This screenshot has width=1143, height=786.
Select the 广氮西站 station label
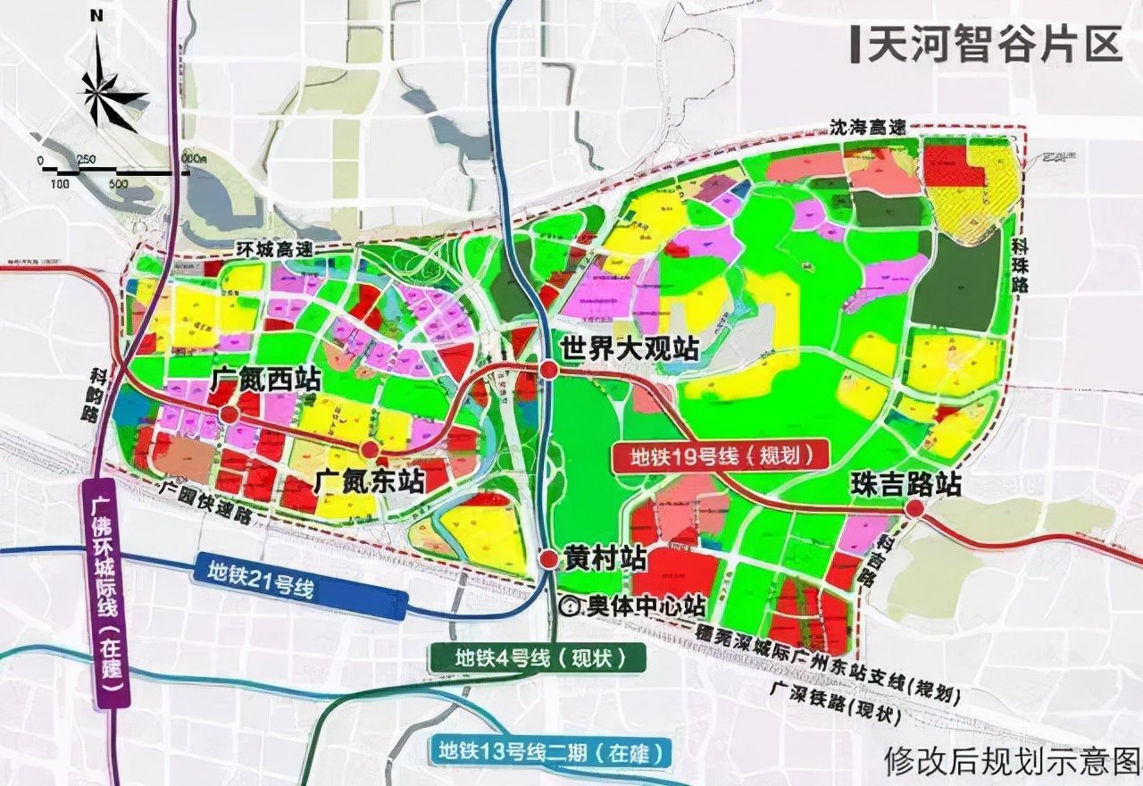point(265,379)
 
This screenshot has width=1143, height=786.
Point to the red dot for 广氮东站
point(370,449)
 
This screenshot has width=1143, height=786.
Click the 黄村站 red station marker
point(549,559)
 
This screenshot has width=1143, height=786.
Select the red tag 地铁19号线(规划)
point(722,456)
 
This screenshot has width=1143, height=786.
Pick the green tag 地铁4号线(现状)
point(538,659)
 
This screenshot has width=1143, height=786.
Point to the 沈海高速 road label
point(867,128)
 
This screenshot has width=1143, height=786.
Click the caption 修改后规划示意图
point(1011,760)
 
